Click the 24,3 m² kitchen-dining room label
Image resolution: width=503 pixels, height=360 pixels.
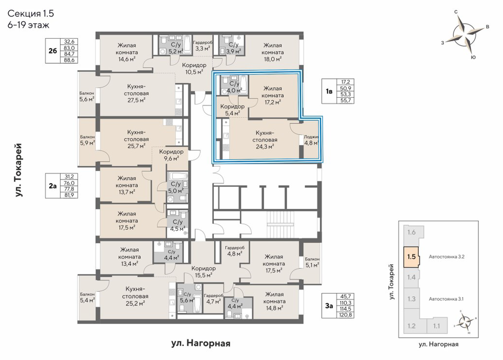click(x=265, y=140)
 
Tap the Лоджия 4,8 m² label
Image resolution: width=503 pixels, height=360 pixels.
click(x=311, y=140)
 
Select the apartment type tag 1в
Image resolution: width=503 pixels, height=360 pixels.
click(x=329, y=92)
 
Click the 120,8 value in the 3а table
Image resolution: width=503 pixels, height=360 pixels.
click(x=345, y=315)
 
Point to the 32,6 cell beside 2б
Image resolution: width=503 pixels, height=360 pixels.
click(x=69, y=42)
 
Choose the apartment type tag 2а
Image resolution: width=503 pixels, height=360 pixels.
click(x=52, y=186)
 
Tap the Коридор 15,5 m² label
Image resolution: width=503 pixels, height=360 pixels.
click(x=203, y=272)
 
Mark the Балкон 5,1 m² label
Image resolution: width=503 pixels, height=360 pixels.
click(x=312, y=262)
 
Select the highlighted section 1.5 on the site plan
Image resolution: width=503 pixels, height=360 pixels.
click(x=411, y=257)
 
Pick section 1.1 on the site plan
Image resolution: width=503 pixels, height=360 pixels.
click(x=437, y=326)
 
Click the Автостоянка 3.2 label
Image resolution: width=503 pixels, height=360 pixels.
click(x=446, y=257)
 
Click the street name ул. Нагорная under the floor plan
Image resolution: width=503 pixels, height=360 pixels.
click(x=201, y=344)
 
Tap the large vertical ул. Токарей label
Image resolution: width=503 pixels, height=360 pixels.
click(x=19, y=170)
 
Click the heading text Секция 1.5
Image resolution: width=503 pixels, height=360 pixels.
click(x=30, y=13)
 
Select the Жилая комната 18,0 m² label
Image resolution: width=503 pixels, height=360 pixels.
click(x=272, y=52)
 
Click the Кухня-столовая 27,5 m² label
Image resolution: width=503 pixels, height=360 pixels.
click(x=138, y=93)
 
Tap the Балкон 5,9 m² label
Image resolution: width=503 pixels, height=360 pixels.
click(x=87, y=140)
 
